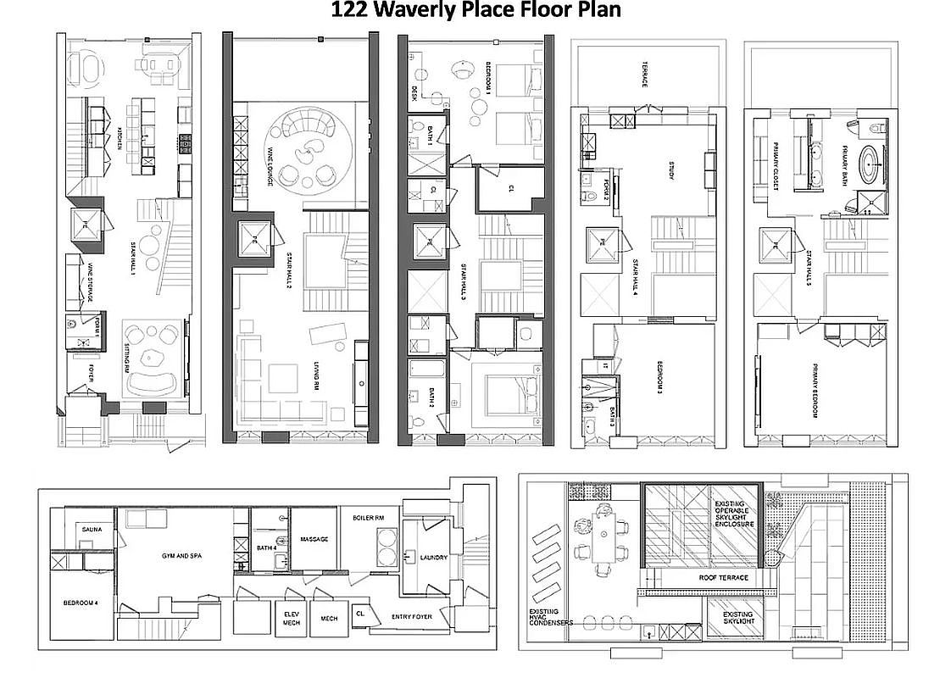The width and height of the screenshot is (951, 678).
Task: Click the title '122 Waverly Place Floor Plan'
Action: [x=475, y=11]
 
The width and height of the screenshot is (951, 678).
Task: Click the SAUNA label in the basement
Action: [x=92, y=530]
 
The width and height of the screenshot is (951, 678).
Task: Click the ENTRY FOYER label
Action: [x=414, y=616]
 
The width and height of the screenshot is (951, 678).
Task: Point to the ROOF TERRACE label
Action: [x=723, y=577]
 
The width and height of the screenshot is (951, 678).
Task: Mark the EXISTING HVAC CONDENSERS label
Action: [x=551, y=617]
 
